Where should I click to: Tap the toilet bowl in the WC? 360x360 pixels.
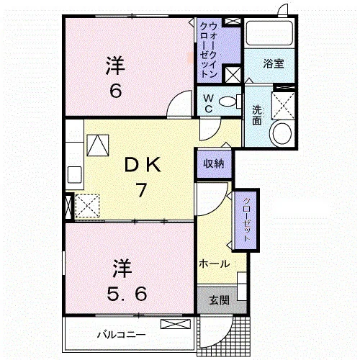(x=228, y=102)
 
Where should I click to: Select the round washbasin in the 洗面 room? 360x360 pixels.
(x=282, y=133)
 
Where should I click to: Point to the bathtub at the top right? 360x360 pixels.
(x=269, y=32)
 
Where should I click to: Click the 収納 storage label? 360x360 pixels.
(x=214, y=163)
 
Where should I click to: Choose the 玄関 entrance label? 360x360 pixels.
(x=220, y=300)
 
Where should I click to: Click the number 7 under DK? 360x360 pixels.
(x=141, y=190)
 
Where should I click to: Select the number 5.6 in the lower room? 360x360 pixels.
(x=127, y=294)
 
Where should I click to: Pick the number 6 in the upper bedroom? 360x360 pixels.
(x=116, y=91)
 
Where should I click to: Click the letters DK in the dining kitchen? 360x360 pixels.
(x=143, y=165)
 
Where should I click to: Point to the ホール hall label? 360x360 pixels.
(x=215, y=264)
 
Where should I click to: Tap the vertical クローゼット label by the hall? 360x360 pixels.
(x=246, y=220)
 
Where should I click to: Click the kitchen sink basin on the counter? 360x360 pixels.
(x=75, y=174)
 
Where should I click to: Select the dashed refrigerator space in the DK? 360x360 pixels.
(x=87, y=207)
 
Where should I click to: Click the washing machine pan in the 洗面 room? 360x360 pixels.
(x=283, y=106)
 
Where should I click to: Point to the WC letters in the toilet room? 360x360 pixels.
(x=208, y=104)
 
